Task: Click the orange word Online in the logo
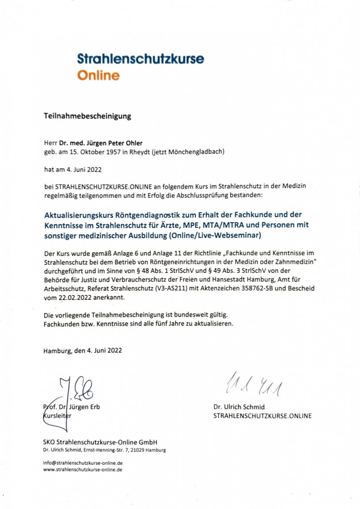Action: point(98,75)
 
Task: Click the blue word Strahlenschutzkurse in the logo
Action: point(141,58)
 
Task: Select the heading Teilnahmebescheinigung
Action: point(87,117)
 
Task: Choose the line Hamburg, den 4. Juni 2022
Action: point(83,350)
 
